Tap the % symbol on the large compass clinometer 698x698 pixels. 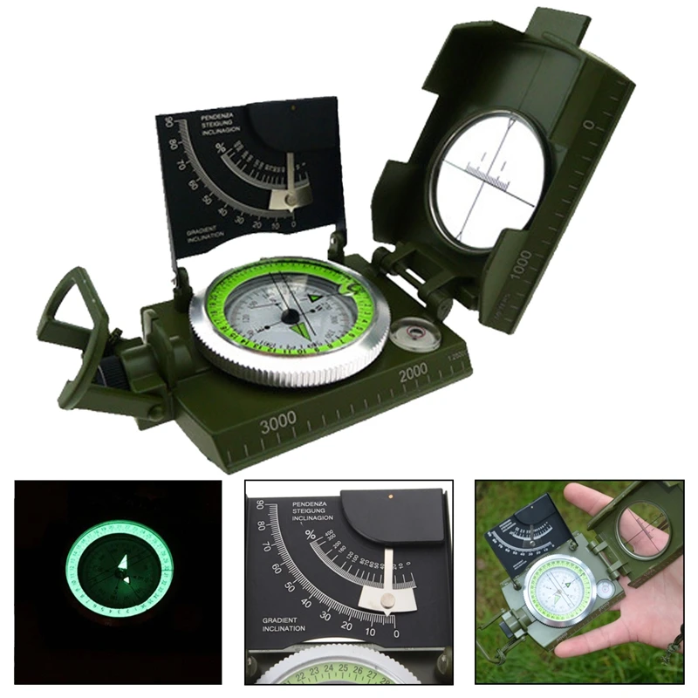point(220,147)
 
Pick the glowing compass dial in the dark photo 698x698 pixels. point(120,569)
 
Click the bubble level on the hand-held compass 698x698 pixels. point(606,588)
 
